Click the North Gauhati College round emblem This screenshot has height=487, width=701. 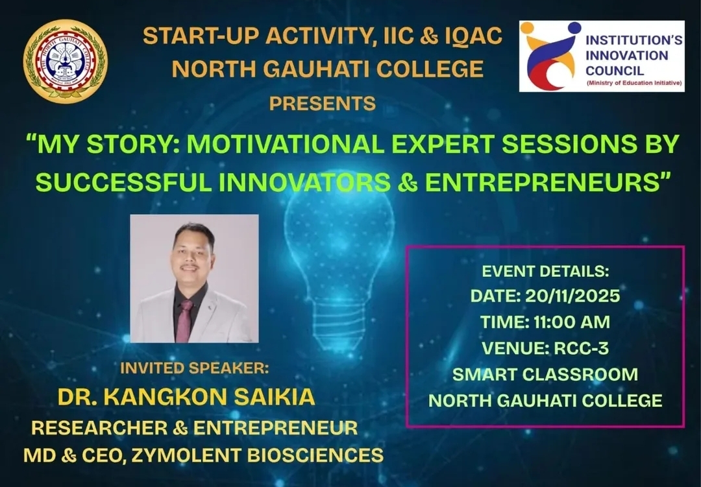click(66, 62)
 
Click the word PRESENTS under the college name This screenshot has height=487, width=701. click(322, 103)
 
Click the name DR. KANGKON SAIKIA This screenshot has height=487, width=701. click(186, 397)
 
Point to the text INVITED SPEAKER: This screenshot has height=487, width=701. click(194, 368)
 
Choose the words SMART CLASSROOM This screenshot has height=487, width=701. click(545, 374)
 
